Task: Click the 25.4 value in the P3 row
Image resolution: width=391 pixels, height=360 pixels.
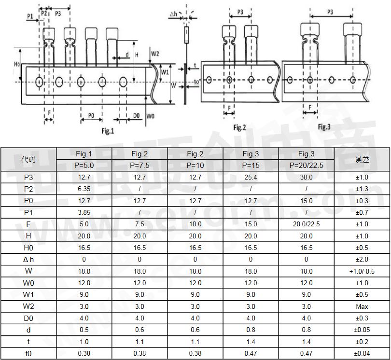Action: click(x=251, y=177)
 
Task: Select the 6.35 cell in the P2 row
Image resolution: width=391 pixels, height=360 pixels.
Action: click(x=84, y=189)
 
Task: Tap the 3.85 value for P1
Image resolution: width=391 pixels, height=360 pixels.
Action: click(x=84, y=212)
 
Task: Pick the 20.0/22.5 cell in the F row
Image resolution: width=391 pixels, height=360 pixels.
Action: click(x=306, y=224)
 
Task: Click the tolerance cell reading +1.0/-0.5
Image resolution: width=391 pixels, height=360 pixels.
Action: click(x=362, y=271)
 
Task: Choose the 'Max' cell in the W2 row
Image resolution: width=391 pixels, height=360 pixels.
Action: click(x=362, y=306)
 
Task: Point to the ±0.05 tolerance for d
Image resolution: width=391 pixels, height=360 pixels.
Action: click(x=362, y=330)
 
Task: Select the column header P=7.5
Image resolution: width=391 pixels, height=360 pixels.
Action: click(x=140, y=165)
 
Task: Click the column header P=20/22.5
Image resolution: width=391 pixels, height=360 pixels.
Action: click(x=306, y=165)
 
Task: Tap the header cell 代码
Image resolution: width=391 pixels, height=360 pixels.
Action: click(x=28, y=159)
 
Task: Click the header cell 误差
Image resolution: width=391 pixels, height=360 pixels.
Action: click(x=362, y=159)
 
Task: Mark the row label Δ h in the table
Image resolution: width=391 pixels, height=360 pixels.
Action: click(x=28, y=260)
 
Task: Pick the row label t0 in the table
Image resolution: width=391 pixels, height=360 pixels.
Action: click(x=28, y=353)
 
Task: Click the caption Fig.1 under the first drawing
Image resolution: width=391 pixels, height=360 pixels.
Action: click(x=108, y=131)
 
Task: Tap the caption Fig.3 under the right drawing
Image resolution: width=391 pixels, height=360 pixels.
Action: click(x=324, y=126)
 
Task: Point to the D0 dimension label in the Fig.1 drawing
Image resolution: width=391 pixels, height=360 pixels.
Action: click(x=136, y=116)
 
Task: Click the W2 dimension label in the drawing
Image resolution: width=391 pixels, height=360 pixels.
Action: click(x=154, y=54)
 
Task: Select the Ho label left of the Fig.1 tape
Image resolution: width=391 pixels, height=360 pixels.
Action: click(x=16, y=64)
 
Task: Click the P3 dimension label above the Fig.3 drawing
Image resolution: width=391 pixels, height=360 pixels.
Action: click(x=330, y=13)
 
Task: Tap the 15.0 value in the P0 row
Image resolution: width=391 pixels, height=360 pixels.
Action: click(x=306, y=201)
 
